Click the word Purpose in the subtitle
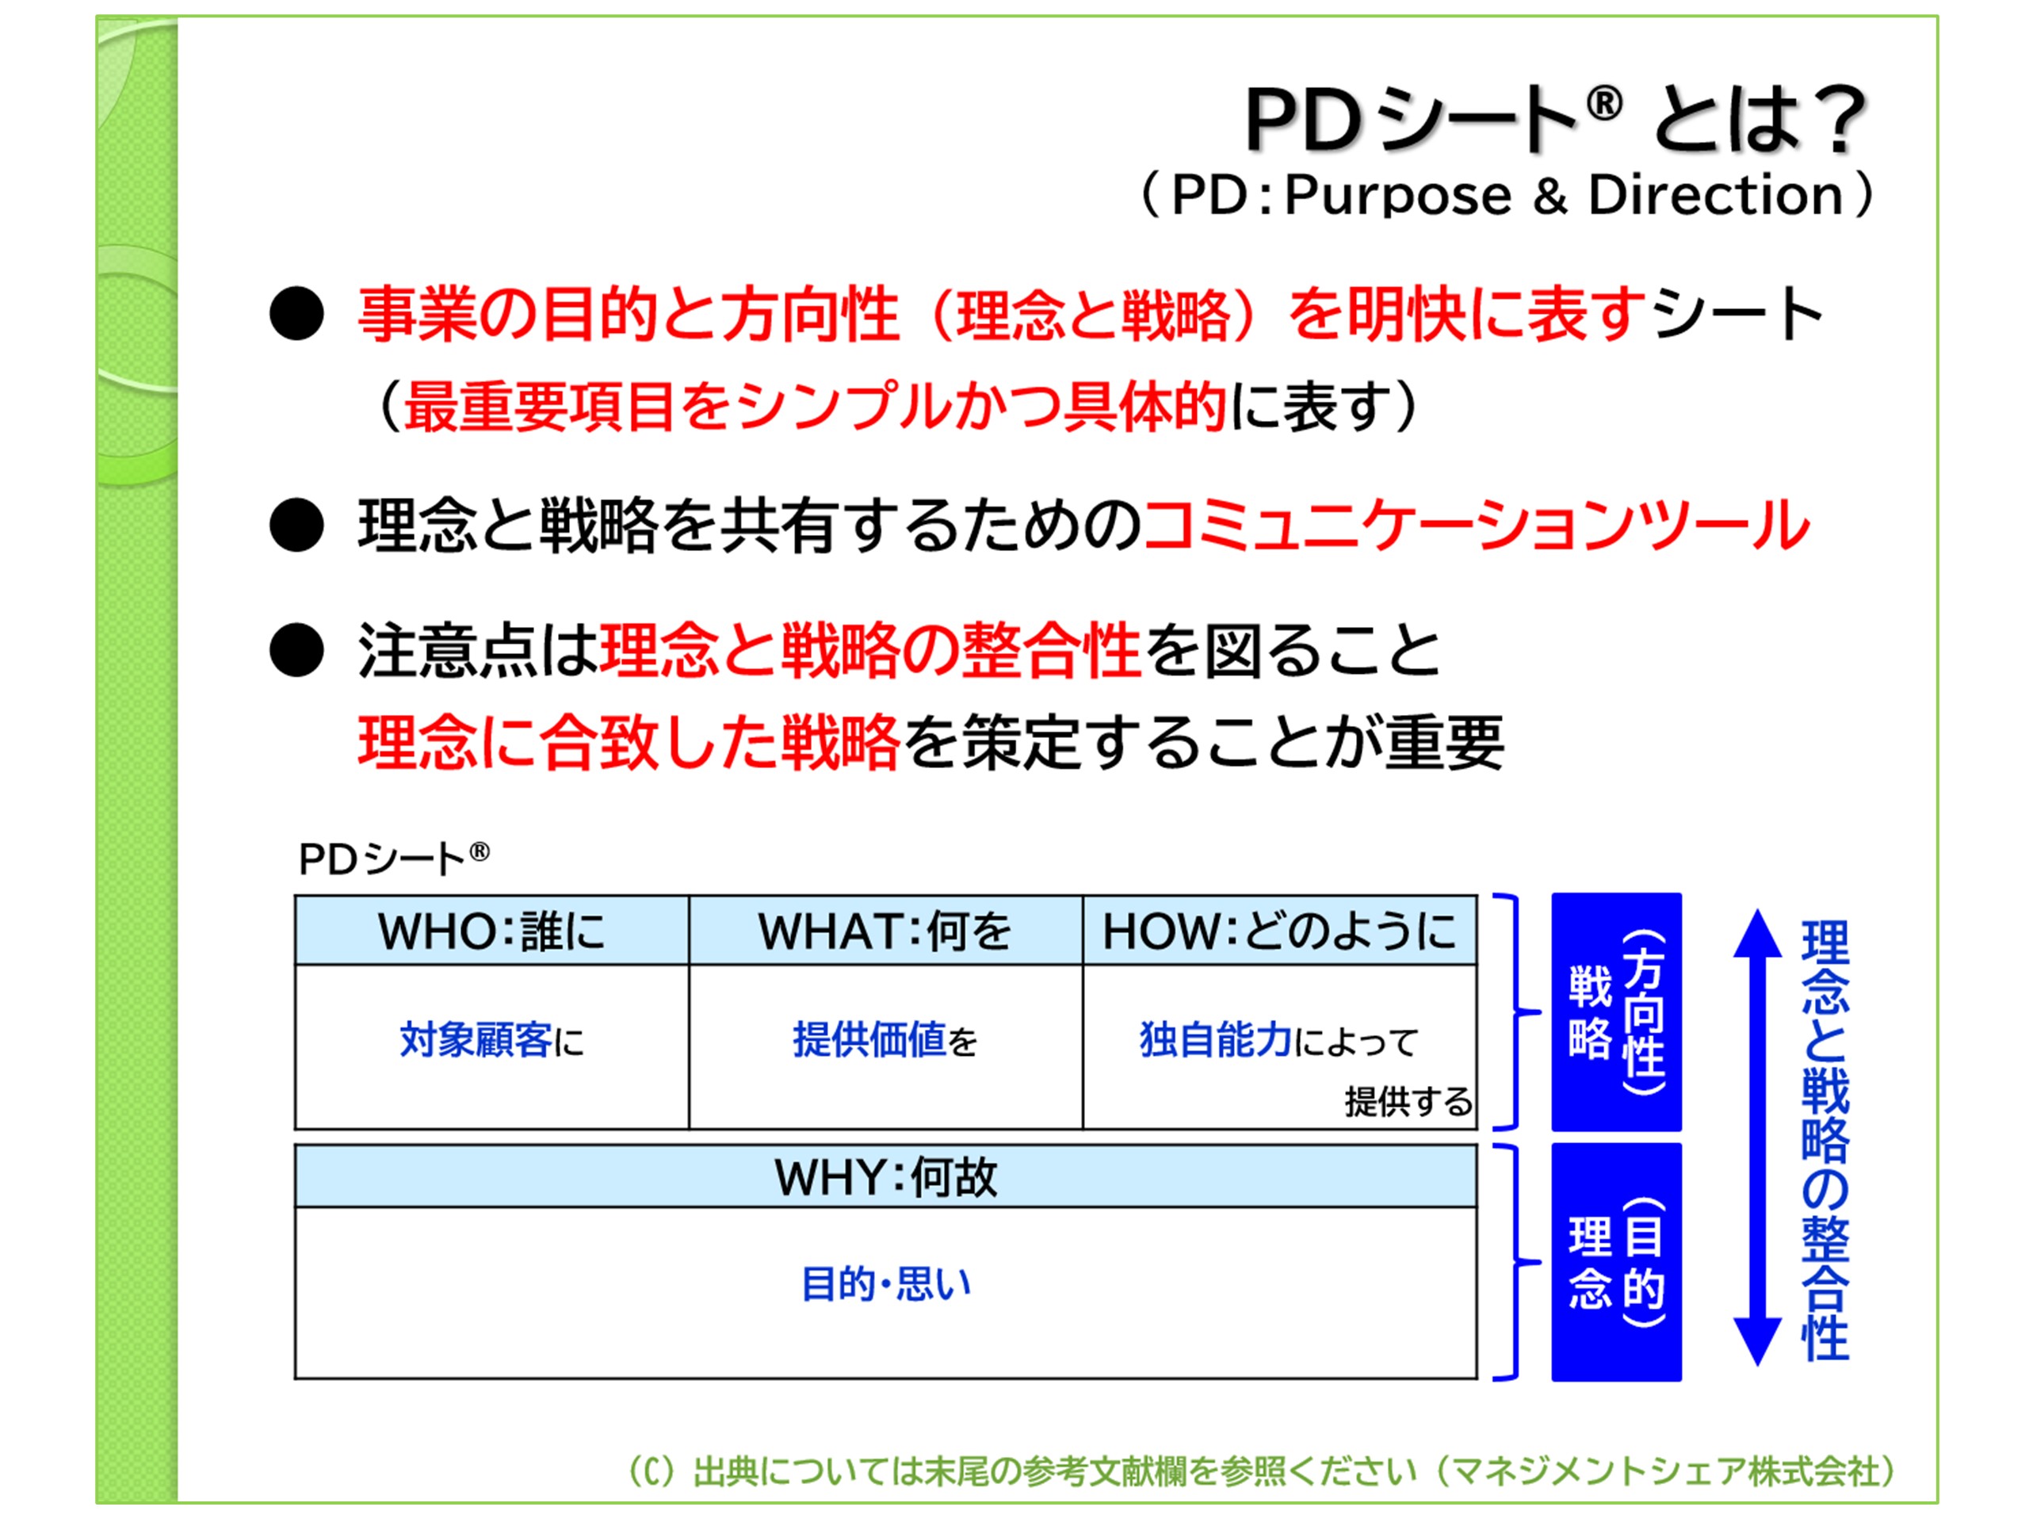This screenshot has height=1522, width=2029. (x=1398, y=196)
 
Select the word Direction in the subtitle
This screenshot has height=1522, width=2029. (x=1715, y=196)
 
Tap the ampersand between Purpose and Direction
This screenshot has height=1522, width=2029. (x=1550, y=197)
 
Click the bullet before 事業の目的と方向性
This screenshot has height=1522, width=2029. (x=296, y=315)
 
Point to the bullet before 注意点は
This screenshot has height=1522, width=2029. (x=296, y=651)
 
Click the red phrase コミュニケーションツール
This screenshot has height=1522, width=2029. (x=1476, y=526)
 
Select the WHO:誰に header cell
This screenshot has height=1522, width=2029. (x=491, y=931)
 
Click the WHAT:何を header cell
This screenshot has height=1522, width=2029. (x=885, y=931)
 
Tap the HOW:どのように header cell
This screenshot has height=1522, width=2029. (x=1279, y=931)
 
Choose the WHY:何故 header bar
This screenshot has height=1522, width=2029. (x=885, y=1177)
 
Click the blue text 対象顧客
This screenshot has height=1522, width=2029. (x=475, y=1040)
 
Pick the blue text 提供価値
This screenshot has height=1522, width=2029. (x=869, y=1040)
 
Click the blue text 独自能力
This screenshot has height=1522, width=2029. (x=1215, y=1040)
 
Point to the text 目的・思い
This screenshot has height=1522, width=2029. (x=885, y=1283)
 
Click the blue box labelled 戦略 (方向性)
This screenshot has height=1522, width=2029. (x=1616, y=1012)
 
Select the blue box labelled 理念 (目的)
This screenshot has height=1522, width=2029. (x=1616, y=1262)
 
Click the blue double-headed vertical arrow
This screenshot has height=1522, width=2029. (x=1756, y=1138)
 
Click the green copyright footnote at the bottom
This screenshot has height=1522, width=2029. (x=1262, y=1471)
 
